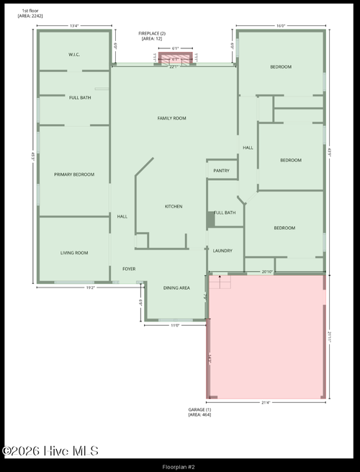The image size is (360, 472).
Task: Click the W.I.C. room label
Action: click(x=73, y=55)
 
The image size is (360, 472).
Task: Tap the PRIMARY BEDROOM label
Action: click(x=74, y=174)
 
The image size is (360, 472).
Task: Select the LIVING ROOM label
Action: click(x=74, y=253)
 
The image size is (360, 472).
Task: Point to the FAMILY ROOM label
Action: click(x=172, y=118)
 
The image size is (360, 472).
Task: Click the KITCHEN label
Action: click(x=174, y=207)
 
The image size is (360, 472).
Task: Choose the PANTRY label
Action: click(x=222, y=171)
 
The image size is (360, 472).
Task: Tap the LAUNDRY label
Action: click(x=222, y=251)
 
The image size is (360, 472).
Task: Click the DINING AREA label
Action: click(x=176, y=288)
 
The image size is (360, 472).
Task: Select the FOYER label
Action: click(x=129, y=269)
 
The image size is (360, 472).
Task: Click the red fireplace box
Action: click(x=176, y=59)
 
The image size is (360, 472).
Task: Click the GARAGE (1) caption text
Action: click(x=199, y=412)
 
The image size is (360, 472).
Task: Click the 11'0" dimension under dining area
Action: click(x=174, y=325)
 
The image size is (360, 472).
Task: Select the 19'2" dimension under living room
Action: click(x=91, y=288)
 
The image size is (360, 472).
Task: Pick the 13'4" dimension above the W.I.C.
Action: click(x=74, y=26)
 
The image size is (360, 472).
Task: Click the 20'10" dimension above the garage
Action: click(x=267, y=272)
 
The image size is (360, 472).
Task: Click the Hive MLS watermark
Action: click(x=50, y=451)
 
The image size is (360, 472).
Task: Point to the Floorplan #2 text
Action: click(x=179, y=466)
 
